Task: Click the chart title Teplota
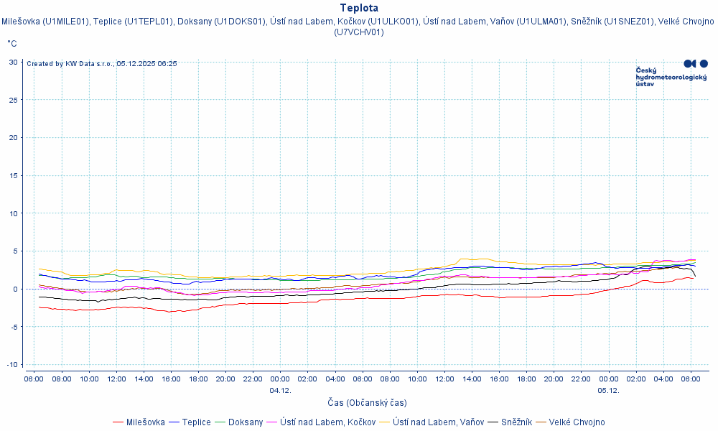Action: pos(359,8)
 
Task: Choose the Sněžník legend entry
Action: pos(516,422)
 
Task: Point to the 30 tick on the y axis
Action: pos(14,62)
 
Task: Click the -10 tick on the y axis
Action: pos(12,364)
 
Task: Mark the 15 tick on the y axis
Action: pos(14,175)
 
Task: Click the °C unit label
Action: pos(12,44)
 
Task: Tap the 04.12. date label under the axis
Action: pos(280,390)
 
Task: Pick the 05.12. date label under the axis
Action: pos(608,390)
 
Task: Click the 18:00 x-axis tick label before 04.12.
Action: pos(198,379)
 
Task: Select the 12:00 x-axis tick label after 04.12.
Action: pos(444,379)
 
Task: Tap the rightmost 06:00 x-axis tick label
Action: pos(690,379)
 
